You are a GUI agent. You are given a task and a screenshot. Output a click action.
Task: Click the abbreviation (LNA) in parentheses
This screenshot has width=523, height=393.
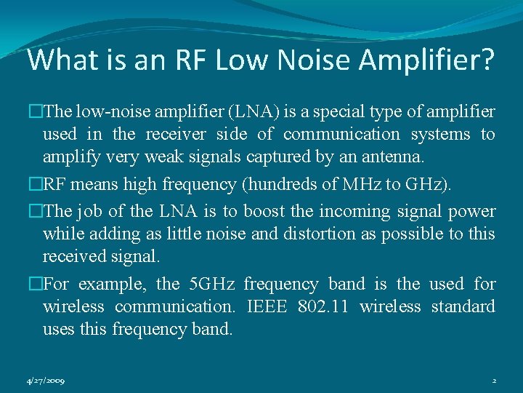251,112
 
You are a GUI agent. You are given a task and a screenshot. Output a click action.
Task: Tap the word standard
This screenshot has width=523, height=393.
463,306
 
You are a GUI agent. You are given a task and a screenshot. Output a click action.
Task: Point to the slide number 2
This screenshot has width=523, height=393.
493,381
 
